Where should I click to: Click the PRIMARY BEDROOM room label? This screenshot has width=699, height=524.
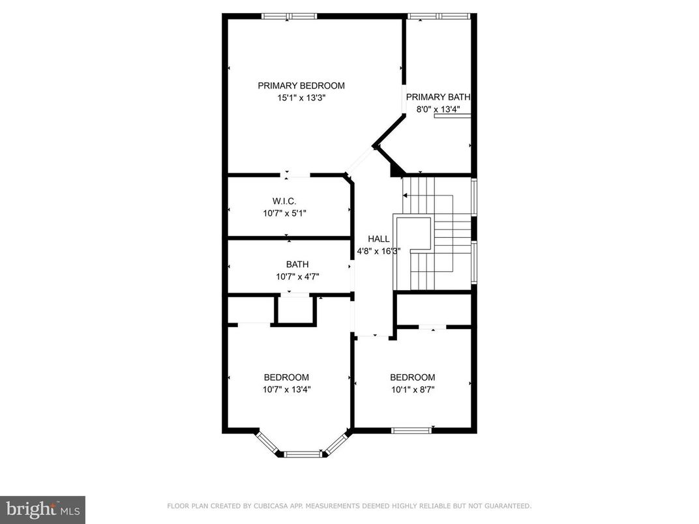(x=301, y=85)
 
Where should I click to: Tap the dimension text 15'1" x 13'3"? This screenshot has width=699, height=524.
(x=301, y=98)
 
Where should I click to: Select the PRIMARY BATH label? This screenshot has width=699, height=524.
(x=438, y=97)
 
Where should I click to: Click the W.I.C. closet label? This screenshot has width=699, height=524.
(x=284, y=201)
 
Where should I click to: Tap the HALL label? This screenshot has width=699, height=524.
(x=378, y=239)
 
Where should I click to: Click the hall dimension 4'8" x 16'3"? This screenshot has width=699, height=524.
(x=378, y=251)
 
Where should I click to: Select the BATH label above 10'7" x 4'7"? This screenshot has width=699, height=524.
(x=297, y=265)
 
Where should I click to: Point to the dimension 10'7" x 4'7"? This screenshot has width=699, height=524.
(x=297, y=276)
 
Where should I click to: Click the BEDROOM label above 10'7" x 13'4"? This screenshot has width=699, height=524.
(x=286, y=377)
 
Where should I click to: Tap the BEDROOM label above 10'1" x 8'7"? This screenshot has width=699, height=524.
(x=412, y=377)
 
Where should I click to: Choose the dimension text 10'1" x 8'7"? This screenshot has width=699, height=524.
(x=412, y=390)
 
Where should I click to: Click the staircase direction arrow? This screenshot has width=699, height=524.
(x=406, y=195)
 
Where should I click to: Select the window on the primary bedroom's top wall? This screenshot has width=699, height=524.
(x=289, y=16)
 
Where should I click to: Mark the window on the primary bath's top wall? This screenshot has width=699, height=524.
(x=438, y=16)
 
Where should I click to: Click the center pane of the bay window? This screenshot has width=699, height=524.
(x=302, y=454)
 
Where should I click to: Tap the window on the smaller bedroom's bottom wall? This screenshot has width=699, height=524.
(x=411, y=430)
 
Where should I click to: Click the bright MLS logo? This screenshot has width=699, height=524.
(x=42, y=508)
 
